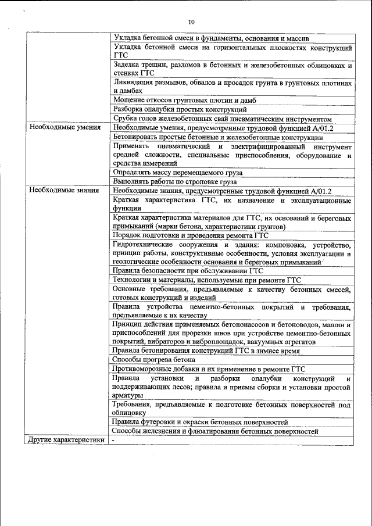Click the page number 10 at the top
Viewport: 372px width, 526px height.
pyautogui.click(x=191, y=22)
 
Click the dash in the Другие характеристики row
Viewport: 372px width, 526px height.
pyautogui.click(x=113, y=440)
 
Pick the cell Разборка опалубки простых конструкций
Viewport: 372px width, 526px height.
pyautogui.click(x=180, y=109)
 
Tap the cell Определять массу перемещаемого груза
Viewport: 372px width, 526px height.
pyautogui.click(x=178, y=173)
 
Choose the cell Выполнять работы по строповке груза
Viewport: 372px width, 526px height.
pyautogui.click(x=175, y=181)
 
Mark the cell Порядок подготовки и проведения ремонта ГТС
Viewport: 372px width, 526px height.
pyautogui.click(x=191, y=235)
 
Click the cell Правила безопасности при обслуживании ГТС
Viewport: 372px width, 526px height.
pyautogui.click(x=188, y=270)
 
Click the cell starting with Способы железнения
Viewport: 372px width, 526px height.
pyautogui.click(x=216, y=431)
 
